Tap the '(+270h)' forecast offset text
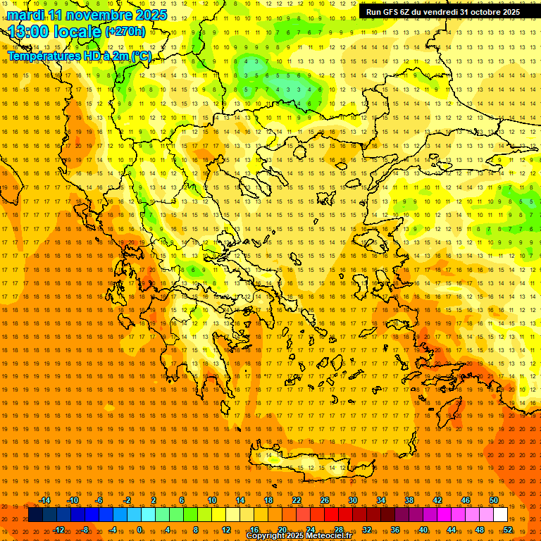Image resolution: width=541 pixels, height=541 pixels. coord(125,31)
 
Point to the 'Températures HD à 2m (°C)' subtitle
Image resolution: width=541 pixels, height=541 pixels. coord(79,56)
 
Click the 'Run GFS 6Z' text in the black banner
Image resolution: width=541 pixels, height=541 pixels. coord(392,12)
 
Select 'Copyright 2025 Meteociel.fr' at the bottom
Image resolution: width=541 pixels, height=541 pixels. coord(299,536)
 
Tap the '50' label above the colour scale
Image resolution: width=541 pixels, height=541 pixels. coord(493,500)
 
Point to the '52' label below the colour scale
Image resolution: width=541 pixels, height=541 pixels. coord(508,530)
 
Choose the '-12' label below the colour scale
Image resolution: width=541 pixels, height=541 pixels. coord(58,530)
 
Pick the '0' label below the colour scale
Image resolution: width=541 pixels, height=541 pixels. coord(140,530)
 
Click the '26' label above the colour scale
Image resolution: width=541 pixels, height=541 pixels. coord(325,500)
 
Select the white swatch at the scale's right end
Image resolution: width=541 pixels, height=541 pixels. coord(500,515)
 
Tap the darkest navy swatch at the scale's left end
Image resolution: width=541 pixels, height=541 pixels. coord(35,515)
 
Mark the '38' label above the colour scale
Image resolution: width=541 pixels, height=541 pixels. coord(409,500)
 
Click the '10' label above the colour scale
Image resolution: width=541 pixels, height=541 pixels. coord(211,500)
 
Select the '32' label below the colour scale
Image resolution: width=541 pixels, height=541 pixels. coord(367,530)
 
